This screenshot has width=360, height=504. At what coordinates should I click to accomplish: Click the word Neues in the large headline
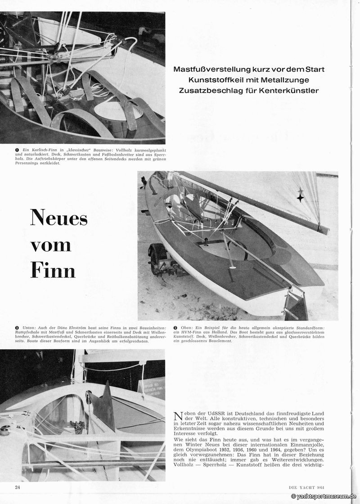point(58,219)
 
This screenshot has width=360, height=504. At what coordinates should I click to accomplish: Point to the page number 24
point(18,487)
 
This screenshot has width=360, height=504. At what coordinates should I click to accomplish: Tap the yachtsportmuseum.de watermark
point(324,496)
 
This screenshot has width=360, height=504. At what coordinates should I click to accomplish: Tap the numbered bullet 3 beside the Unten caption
point(16,328)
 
